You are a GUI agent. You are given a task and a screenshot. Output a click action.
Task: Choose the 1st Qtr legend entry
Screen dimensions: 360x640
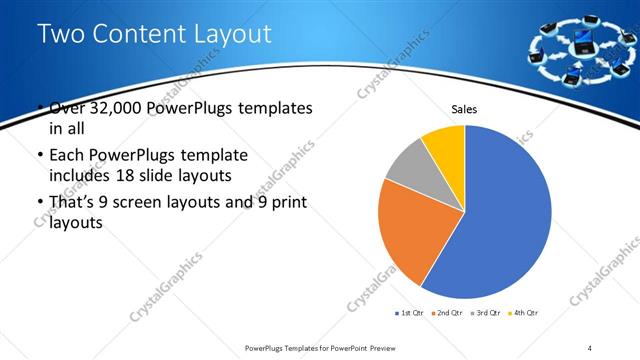coord(410,314)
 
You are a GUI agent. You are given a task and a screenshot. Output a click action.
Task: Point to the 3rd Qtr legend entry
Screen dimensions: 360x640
coord(484,314)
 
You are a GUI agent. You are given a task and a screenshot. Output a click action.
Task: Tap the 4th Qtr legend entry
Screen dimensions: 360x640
coord(522,314)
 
